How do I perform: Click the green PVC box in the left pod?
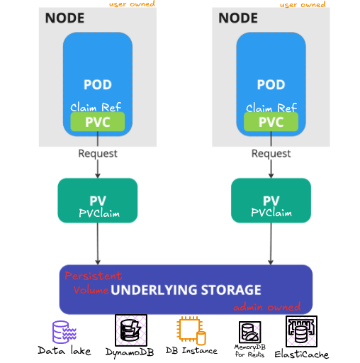(98, 122)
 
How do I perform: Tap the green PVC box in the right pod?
(271, 122)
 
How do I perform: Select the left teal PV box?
(98, 201)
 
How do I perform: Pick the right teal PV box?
(271, 201)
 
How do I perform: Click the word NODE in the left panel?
(64, 18)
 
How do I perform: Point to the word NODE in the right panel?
(238, 18)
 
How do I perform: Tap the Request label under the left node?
(98, 154)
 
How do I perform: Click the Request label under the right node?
(271, 154)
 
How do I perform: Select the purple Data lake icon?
(64, 332)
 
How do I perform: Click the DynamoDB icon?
(131, 330)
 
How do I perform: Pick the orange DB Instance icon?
(191, 331)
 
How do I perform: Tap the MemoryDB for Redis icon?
(250, 332)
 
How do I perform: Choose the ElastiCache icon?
(301, 331)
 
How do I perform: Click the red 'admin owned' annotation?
(267, 307)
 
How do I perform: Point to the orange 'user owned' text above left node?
(132, 4)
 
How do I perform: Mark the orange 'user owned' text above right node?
(303, 4)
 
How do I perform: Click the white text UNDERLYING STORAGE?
(186, 290)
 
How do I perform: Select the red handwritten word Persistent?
(94, 276)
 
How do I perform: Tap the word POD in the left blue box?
(98, 84)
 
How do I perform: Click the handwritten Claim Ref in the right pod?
(271, 108)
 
